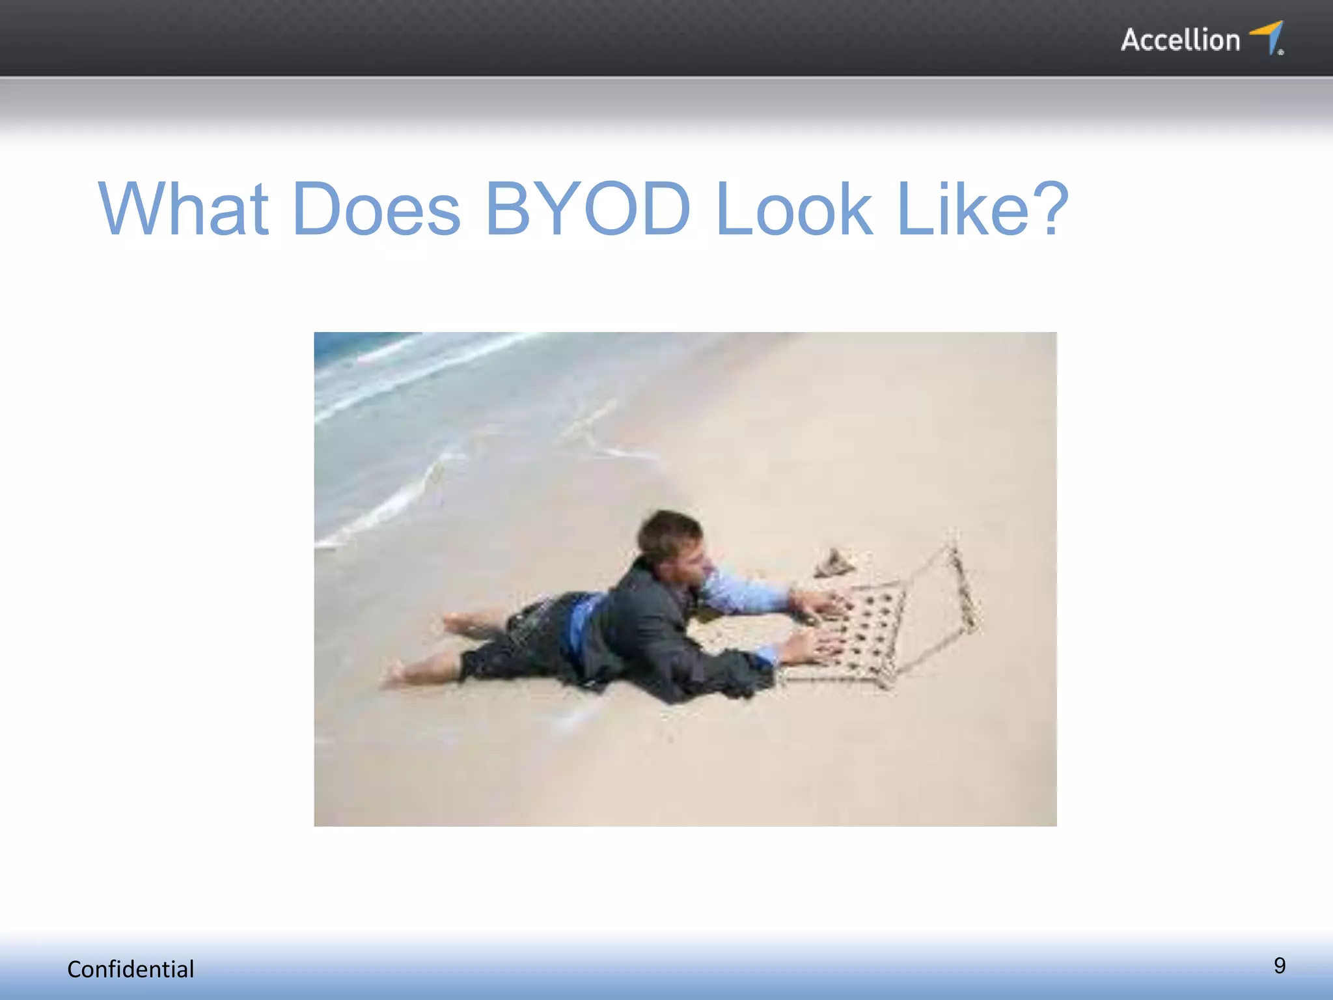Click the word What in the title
coord(184,209)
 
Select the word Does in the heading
coord(377,209)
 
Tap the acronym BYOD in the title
coord(588,209)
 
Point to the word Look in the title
coord(793,209)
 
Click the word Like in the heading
coord(954,209)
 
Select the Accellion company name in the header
coord(1180,40)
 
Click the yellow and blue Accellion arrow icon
coord(1268,37)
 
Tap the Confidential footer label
coord(131,969)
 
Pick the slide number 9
coord(1279,965)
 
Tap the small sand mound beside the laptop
coord(834,563)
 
